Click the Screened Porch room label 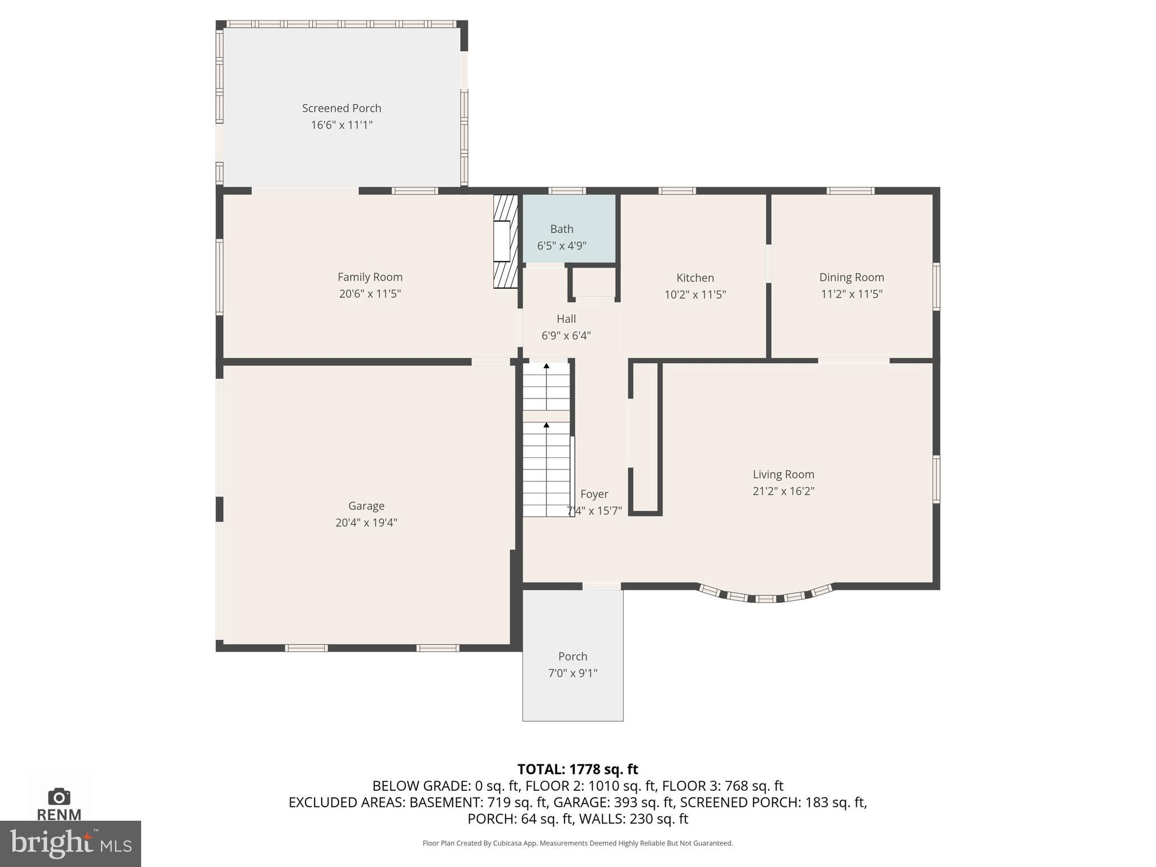[x=341, y=108]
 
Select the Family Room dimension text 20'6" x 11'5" [x=370, y=294]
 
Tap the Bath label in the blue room [x=562, y=229]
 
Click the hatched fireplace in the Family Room [x=505, y=242]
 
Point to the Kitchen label [x=695, y=278]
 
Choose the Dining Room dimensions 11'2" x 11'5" [x=851, y=294]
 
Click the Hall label [x=566, y=318]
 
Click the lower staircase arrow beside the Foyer [x=546, y=425]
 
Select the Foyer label [x=594, y=494]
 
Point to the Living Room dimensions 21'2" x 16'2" [x=783, y=491]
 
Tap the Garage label [x=366, y=506]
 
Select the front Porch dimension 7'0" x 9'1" [x=572, y=673]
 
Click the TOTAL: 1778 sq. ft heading [x=577, y=769]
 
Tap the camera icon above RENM [x=59, y=796]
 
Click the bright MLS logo [x=70, y=843]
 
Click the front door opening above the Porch [x=602, y=586]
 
